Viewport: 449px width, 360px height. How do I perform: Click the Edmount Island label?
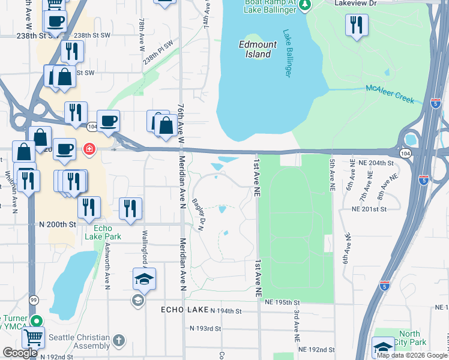tap(258, 49)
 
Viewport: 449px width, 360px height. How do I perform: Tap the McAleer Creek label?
tap(390, 94)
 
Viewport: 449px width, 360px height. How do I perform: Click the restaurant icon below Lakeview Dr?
tap(357, 25)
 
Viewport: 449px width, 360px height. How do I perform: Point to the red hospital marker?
tap(89, 148)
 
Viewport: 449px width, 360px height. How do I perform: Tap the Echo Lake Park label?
tap(107, 232)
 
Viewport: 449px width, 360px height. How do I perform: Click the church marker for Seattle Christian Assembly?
tap(119, 340)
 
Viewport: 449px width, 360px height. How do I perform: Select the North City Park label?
tap(410, 338)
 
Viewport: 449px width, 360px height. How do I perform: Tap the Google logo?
tap(20, 353)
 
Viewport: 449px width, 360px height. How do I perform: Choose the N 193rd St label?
tap(206, 329)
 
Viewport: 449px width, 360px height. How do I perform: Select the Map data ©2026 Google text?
tap(412, 355)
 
